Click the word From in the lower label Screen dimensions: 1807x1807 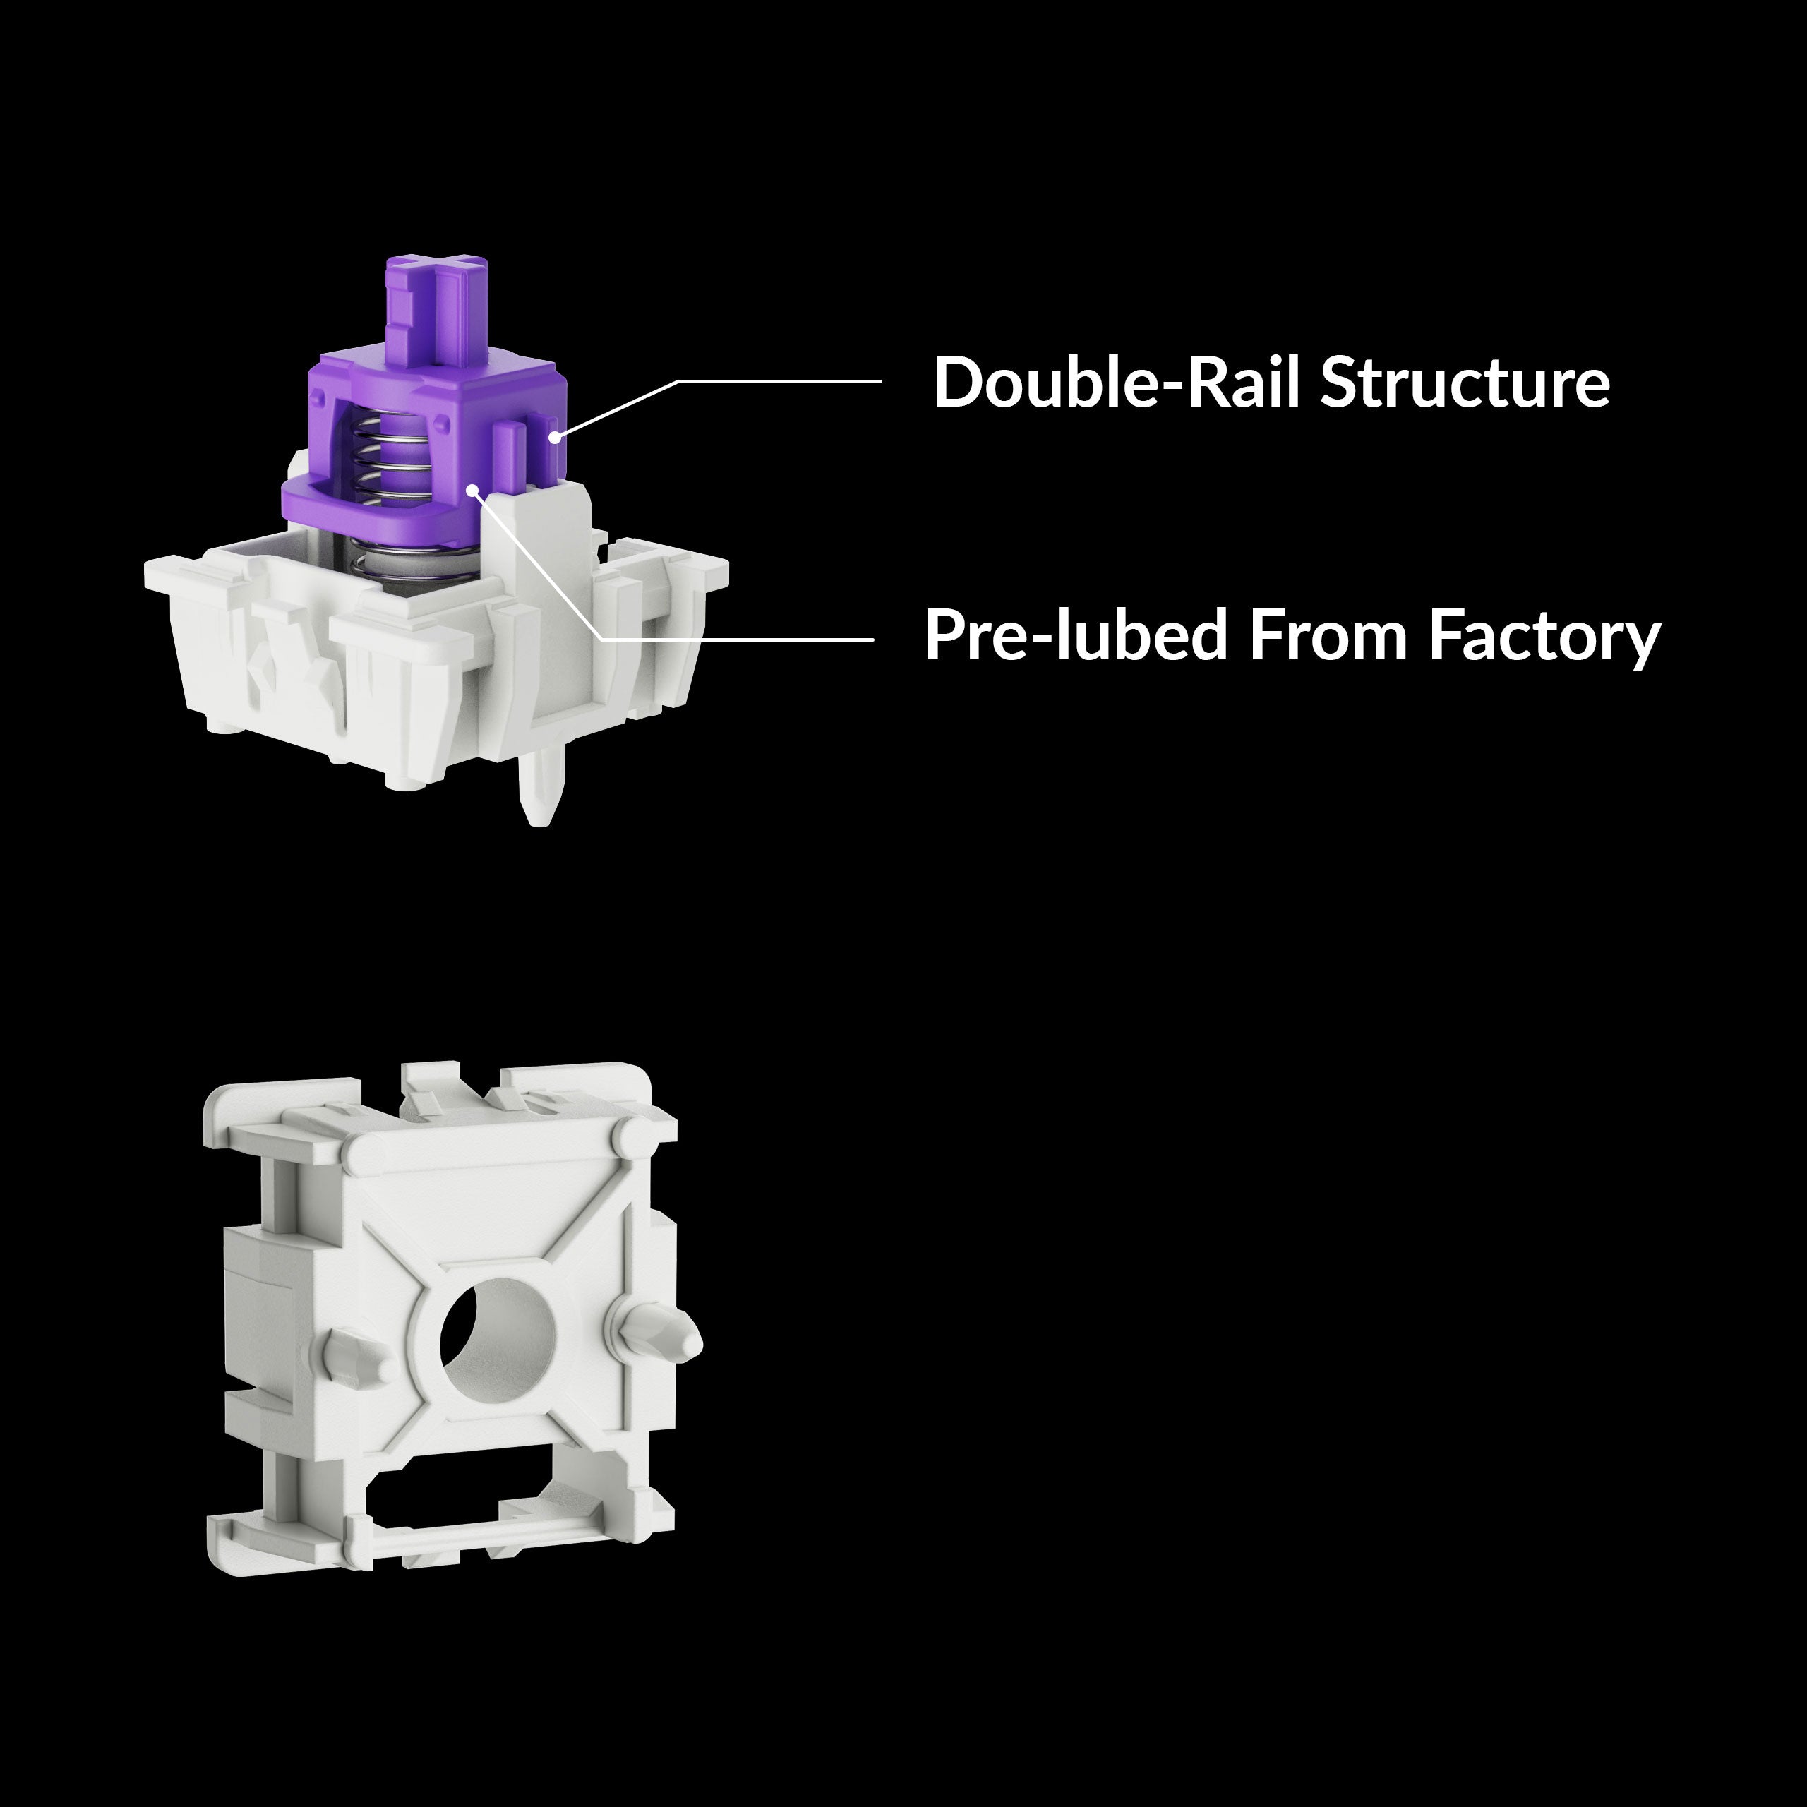pyautogui.click(x=1328, y=636)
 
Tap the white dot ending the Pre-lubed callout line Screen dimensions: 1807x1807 pyautogui.click(x=473, y=489)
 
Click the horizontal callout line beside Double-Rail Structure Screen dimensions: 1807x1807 pyautogui.click(x=781, y=382)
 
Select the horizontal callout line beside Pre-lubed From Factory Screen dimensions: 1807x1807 pyautogui.click(x=739, y=639)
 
